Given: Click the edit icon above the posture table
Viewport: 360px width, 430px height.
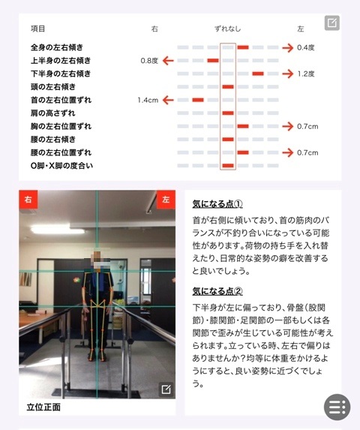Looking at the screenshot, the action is tap(331, 23).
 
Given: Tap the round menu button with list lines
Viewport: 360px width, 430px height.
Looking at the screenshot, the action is tap(337, 407).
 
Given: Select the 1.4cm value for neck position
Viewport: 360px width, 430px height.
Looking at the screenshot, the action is tap(148, 100).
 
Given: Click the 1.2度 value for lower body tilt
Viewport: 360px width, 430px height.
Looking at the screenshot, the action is tap(306, 74).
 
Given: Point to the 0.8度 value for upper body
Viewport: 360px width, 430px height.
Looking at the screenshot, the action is tap(149, 61).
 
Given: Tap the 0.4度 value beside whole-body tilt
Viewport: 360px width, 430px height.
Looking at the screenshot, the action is tap(306, 47).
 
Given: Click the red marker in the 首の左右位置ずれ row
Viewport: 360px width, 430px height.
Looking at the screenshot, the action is tap(198, 100).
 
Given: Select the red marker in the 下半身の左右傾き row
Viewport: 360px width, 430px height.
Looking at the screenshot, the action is tap(258, 74).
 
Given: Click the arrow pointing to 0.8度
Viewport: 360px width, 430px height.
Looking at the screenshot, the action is tap(168, 61).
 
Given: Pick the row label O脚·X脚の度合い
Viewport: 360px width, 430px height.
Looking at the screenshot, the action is tap(61, 166).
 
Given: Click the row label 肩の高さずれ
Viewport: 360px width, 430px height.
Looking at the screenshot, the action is tap(53, 113).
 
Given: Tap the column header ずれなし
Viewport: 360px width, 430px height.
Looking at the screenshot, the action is tap(227, 29).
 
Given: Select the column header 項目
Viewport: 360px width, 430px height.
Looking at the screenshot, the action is tap(37, 29).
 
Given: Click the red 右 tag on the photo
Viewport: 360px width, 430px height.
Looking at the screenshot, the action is tap(28, 200).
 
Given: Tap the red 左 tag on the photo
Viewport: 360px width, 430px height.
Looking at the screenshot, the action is tap(166, 200).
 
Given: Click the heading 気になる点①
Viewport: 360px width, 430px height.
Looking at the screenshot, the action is tap(217, 204).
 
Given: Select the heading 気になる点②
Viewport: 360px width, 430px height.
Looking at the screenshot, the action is tap(217, 291).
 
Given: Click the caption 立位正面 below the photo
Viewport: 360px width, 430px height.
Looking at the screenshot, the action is tap(43, 407).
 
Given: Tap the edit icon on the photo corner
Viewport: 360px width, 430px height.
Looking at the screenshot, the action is tap(166, 389).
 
